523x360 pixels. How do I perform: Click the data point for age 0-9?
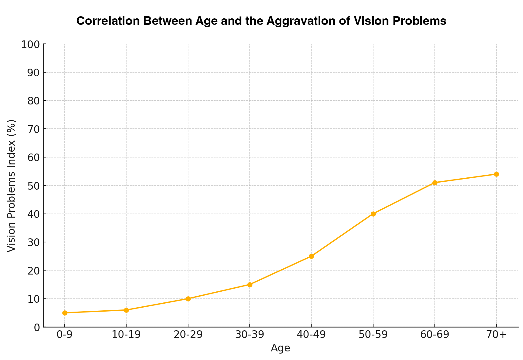65,313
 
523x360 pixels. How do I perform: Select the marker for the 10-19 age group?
126,310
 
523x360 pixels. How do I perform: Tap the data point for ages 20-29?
188,299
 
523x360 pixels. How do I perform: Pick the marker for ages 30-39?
250,285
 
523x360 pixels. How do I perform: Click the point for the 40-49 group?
311,256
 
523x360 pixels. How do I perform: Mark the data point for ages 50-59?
373,214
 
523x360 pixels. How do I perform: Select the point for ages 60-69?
435,183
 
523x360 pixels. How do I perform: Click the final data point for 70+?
496,174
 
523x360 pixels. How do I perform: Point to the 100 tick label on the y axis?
30,44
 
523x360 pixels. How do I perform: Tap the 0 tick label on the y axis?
37,327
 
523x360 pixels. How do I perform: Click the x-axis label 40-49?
311,335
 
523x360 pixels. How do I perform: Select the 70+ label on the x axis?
496,335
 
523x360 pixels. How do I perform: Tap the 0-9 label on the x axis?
65,335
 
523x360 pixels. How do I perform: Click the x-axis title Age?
280,348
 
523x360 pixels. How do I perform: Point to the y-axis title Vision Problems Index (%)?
11,186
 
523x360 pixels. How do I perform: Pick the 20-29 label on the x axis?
188,335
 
